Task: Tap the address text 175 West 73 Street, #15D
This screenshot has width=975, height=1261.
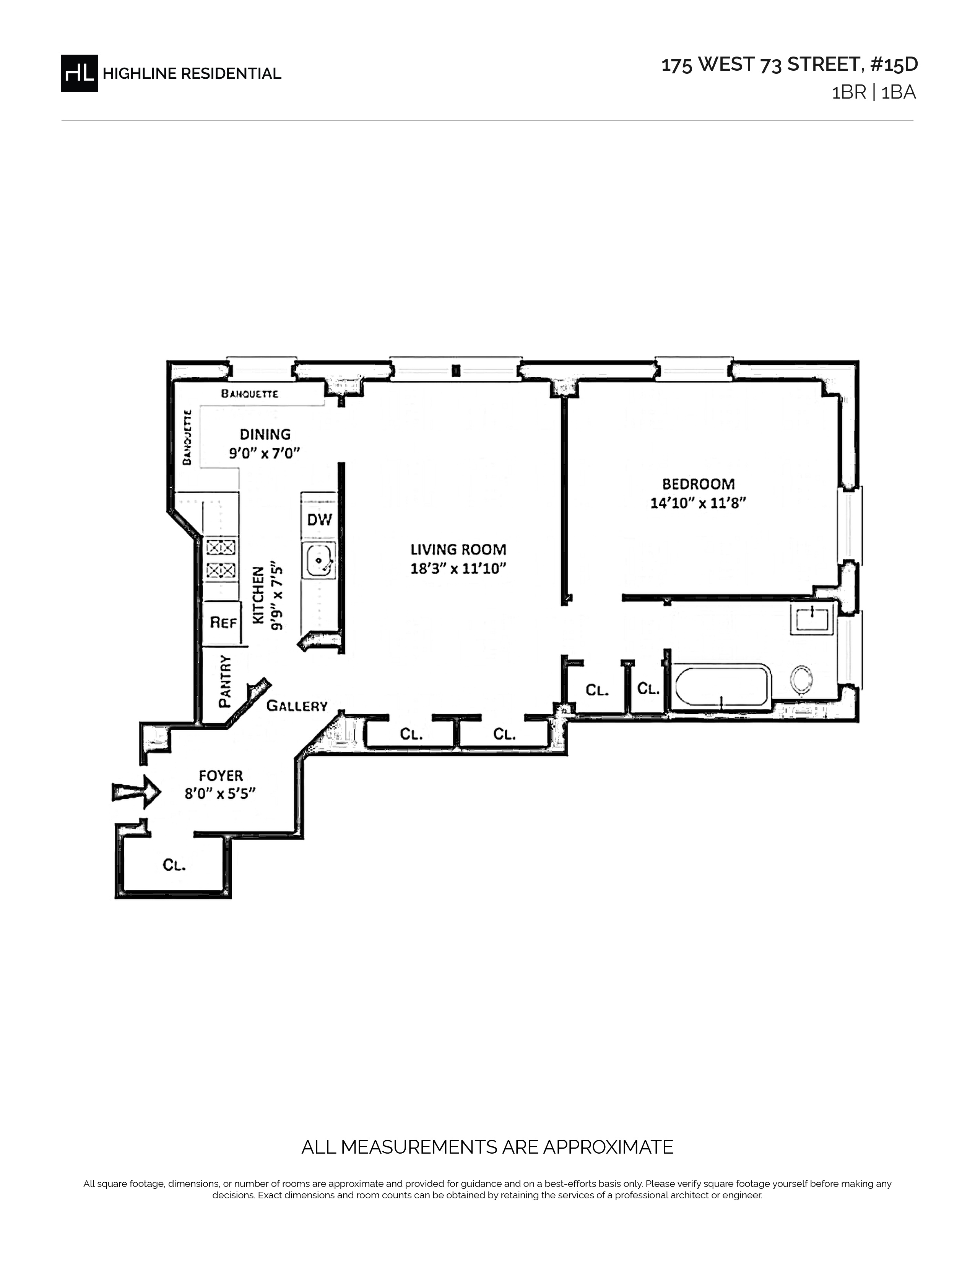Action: coord(789,65)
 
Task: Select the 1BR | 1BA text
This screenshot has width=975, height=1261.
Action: coord(873,93)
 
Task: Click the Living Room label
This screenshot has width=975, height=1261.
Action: coord(458,549)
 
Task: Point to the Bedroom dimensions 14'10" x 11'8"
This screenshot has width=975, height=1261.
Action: coord(698,503)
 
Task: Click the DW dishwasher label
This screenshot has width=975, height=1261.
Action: coord(319,520)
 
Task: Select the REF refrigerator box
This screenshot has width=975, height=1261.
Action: coord(223,623)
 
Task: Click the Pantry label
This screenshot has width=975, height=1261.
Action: coord(225,681)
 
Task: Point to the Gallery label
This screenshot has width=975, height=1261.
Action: coord(297,705)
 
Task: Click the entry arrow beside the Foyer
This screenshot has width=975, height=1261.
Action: coord(136,792)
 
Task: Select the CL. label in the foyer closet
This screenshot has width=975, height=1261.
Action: coord(174,865)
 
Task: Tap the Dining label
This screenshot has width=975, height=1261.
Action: coord(265,434)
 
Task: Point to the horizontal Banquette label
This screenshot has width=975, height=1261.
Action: coord(250,394)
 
